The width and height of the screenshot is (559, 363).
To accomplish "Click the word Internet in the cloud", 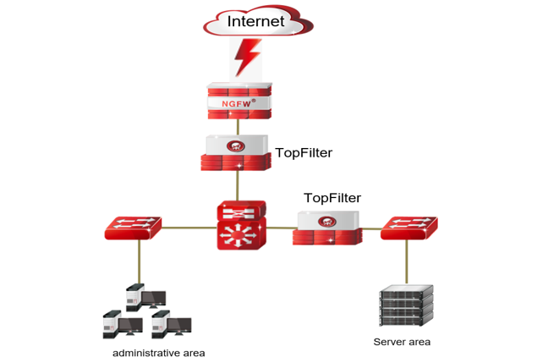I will pyautogui.click(x=256, y=21).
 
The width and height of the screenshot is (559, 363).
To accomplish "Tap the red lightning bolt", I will pyautogui.click(x=247, y=58).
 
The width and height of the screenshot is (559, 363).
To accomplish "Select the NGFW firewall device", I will pyautogui.click(x=238, y=100).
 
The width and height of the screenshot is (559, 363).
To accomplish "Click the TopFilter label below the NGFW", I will pyautogui.click(x=304, y=153).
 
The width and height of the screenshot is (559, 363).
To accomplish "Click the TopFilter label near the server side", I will pyautogui.click(x=332, y=198).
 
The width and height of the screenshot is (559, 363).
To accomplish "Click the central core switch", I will pyautogui.click(x=241, y=224).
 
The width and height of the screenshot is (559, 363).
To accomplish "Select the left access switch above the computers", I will pyautogui.click(x=133, y=227).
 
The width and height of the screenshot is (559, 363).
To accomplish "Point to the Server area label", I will pyautogui.click(x=402, y=342).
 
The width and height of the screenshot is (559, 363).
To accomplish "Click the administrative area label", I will pyautogui.click(x=159, y=352).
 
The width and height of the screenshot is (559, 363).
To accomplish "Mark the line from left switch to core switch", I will pyautogui.click(x=188, y=227).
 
